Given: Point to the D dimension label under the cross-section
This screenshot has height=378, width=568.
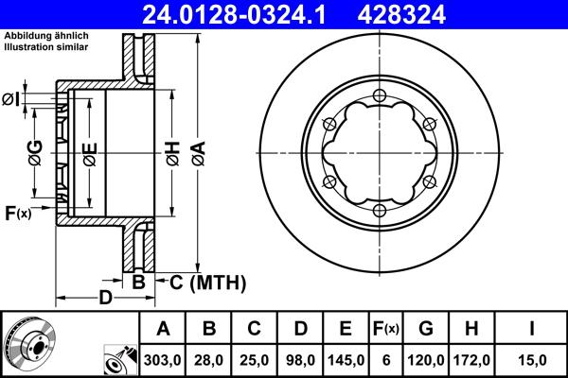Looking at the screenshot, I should (x=107, y=299).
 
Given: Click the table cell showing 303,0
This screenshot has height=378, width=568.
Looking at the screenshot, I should (x=164, y=359).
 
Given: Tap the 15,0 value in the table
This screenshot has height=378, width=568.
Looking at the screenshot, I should (x=532, y=359).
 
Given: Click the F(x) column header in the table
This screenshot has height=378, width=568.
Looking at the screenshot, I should (x=385, y=329).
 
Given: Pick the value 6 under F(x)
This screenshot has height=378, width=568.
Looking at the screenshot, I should (x=385, y=359).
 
